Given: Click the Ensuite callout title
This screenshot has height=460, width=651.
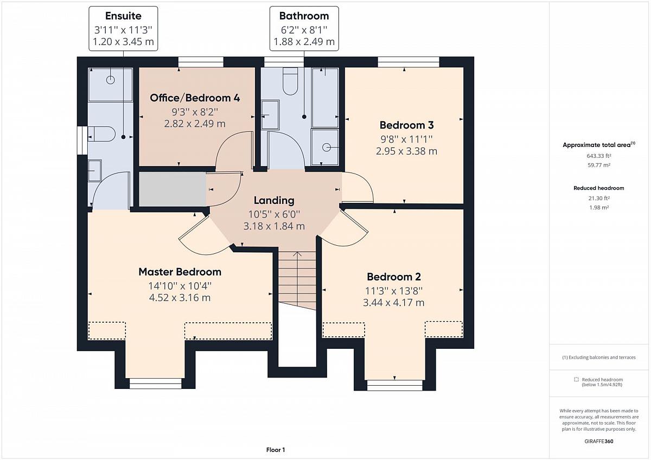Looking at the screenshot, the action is tap(123, 16).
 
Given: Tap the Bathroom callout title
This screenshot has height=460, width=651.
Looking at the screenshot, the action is tap(304, 16).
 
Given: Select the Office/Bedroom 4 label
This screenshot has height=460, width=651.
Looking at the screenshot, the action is tap(195, 98).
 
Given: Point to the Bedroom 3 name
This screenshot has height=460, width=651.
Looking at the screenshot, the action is tap(406, 125).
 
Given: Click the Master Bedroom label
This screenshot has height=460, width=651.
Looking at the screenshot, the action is tap(180, 272).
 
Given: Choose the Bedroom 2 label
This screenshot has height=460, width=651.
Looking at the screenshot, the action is tap(394, 277).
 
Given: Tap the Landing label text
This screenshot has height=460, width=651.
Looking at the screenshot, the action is tap(274, 200).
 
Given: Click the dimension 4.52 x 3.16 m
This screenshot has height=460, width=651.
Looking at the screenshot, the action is tap(180, 298).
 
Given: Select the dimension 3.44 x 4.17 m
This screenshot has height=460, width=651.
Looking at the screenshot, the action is tap(393, 303).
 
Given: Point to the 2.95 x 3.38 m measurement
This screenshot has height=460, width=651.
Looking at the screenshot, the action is tap(406, 151).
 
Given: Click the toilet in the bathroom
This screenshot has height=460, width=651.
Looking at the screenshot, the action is tap(290, 81).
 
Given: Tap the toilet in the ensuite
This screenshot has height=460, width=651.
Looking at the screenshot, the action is tap(102, 134).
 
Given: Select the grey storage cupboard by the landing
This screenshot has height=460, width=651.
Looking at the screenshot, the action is tap(173, 189).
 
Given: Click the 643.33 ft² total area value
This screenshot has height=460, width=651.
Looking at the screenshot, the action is tap(599, 156).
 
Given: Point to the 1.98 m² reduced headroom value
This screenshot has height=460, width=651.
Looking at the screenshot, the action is tap(599, 207).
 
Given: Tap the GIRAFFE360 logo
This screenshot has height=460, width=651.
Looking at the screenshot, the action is tap(599, 441).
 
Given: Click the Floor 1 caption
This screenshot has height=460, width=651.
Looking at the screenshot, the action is tap(276, 450).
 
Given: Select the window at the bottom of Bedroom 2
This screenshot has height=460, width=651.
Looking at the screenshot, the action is tap(395, 385).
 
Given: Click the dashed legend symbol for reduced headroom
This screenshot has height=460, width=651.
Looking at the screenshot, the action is tap(576, 380).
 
